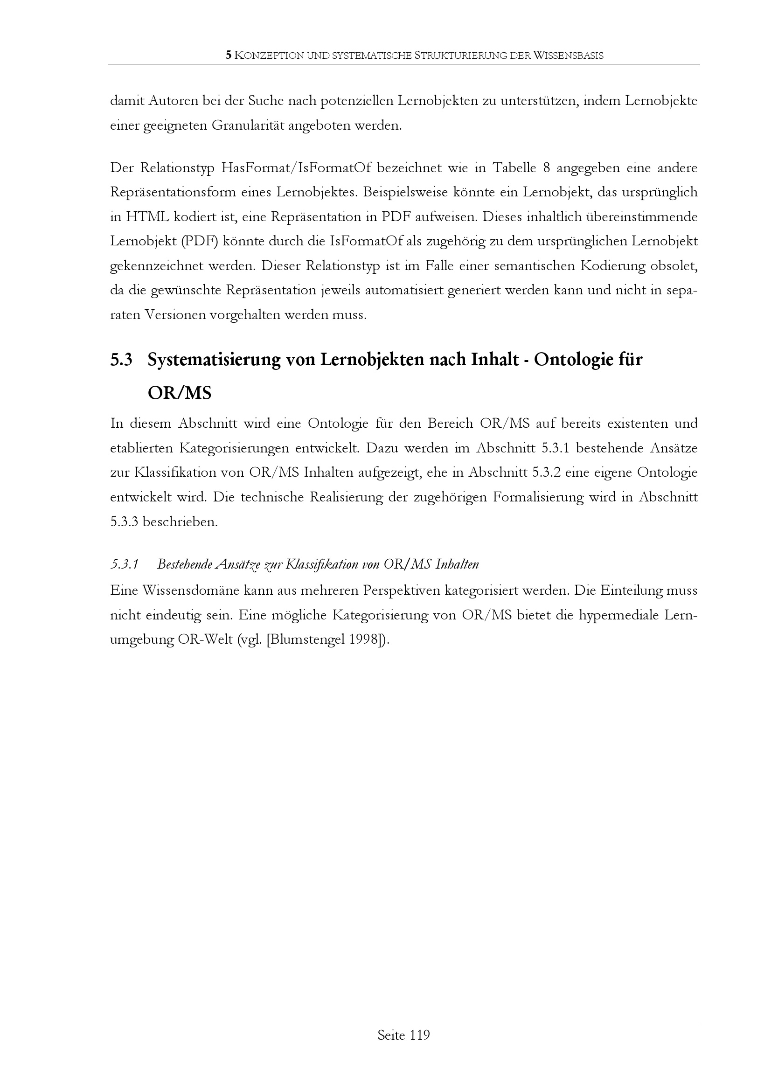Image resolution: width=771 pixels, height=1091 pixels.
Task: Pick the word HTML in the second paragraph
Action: pyautogui.click(x=147, y=217)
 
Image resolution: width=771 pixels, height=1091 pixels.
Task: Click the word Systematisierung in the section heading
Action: pyautogui.click(x=213, y=360)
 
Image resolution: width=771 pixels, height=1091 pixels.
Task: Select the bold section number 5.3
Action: pyautogui.click(x=121, y=360)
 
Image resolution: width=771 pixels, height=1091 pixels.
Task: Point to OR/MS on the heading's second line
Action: pyautogui.click(x=179, y=393)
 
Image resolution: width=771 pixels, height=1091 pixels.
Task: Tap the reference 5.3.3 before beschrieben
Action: pyautogui.click(x=124, y=522)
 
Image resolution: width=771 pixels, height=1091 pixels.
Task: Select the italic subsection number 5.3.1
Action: pyautogui.click(x=124, y=564)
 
